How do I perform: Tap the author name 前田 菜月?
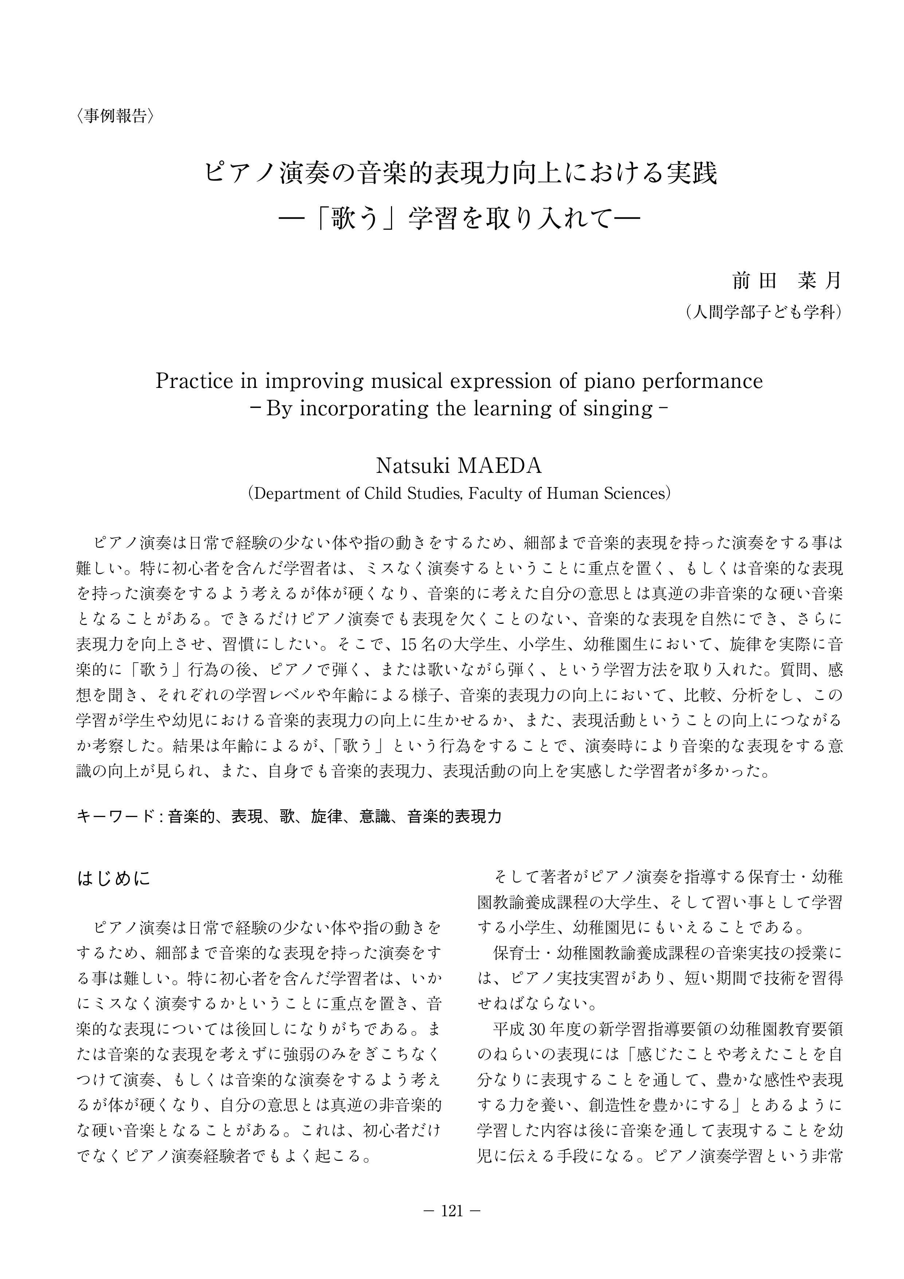click(787, 281)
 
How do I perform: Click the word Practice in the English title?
click(194, 382)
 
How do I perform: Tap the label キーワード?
click(115, 817)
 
